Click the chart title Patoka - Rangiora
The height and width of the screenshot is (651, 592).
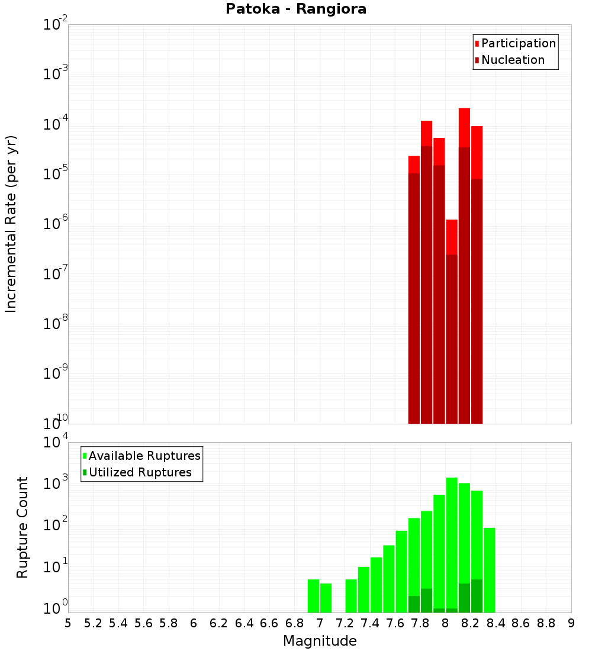[x=296, y=9]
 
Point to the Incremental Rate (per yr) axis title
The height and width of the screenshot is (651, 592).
[x=11, y=224]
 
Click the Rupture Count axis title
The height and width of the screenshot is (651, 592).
[x=22, y=527]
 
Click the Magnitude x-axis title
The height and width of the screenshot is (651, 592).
[x=320, y=641]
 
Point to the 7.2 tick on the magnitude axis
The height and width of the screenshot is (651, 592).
[x=345, y=623]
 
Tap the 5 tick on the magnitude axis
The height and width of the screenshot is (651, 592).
[x=68, y=623]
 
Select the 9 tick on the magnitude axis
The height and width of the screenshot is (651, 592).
[x=571, y=623]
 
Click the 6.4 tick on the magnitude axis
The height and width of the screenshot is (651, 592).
[x=244, y=623]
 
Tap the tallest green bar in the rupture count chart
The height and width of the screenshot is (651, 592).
[x=452, y=544]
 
